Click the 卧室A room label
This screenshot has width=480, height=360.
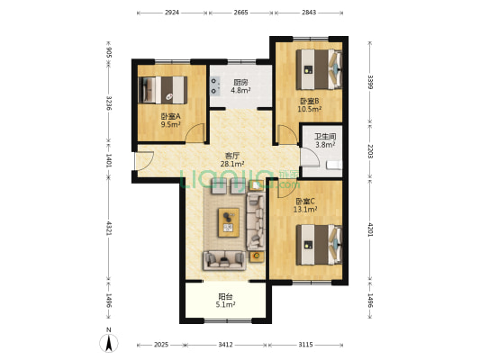pos(171,116)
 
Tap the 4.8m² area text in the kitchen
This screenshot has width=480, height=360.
pos(240,90)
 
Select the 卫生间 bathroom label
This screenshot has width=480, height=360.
pos(325,137)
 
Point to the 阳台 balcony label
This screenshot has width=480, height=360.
pos(226,296)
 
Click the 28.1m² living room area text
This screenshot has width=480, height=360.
pos(232,164)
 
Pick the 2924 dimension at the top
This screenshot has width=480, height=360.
pos(172,13)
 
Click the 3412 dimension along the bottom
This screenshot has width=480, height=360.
pos(225,345)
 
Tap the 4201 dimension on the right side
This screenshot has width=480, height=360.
pos(370,229)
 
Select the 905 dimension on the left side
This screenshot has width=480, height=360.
pos(109,52)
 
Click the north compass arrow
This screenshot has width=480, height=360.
pos(109,343)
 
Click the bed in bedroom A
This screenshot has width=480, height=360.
pos(163,90)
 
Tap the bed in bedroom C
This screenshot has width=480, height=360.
pos(319,245)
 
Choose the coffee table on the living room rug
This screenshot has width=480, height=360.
pos(229,222)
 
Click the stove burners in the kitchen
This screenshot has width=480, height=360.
pos(215,85)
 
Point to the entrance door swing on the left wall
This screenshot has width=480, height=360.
pos(144,161)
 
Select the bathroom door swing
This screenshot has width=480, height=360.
pos(310,157)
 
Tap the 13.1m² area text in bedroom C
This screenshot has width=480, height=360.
pos(305,210)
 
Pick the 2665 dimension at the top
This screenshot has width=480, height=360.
pos(240,13)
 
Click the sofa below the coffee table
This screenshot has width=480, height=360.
pos(224,260)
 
